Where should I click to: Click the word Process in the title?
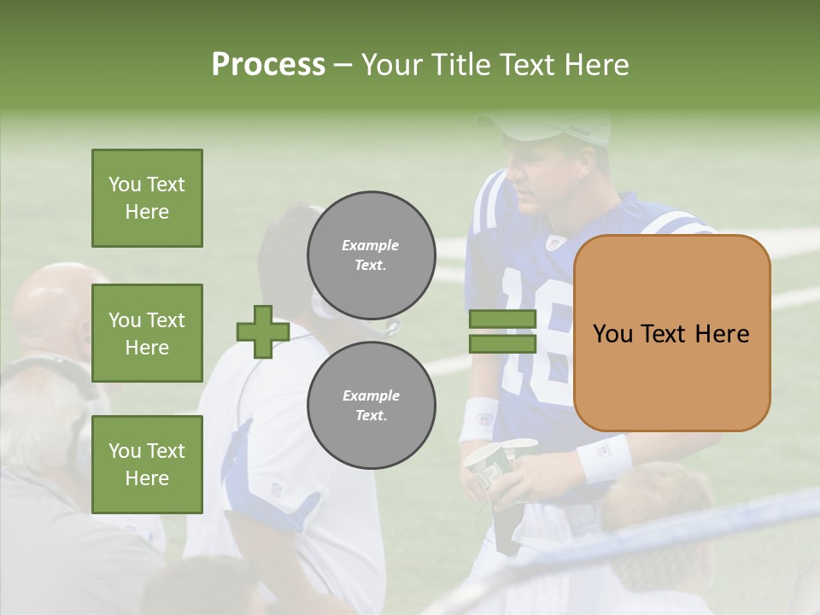tap(268, 65)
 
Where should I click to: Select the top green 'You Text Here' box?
tap(147, 198)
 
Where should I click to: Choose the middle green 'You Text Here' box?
tap(147, 333)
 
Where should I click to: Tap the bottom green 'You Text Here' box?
tap(147, 465)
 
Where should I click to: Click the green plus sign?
tap(262, 331)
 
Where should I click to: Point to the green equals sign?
tap(502, 331)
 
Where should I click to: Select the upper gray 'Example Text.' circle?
tap(371, 255)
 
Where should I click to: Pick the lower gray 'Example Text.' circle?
tap(371, 405)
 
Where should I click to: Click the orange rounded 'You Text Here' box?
tap(671, 333)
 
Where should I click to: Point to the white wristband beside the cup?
tap(480, 419)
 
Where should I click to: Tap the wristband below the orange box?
tap(604, 456)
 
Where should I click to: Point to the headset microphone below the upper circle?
tap(384, 327)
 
